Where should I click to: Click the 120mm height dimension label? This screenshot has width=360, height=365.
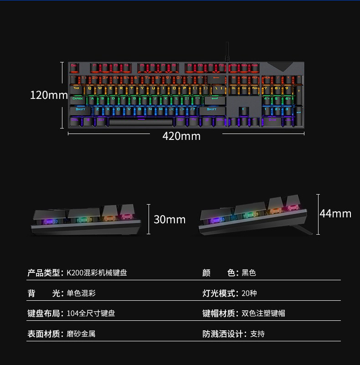(49, 95)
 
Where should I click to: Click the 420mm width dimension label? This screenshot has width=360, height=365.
(181, 136)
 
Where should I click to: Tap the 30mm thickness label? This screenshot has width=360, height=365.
(170, 219)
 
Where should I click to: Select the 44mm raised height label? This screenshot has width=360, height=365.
(335, 213)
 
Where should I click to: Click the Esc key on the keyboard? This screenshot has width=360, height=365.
(74, 67)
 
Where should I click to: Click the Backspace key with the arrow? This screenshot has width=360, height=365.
(216, 77)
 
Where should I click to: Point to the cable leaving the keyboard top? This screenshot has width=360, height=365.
(226, 51)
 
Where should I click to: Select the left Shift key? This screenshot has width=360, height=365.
(81, 109)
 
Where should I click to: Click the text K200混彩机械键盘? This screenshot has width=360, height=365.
(97, 273)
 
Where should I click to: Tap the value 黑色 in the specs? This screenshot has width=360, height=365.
(249, 273)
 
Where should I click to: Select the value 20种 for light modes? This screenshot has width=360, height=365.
(249, 293)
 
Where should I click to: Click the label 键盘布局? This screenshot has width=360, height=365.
(44, 314)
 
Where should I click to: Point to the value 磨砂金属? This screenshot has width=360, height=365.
(81, 334)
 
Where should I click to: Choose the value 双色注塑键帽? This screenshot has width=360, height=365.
(263, 314)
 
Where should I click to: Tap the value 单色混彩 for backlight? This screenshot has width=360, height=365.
(81, 293)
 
